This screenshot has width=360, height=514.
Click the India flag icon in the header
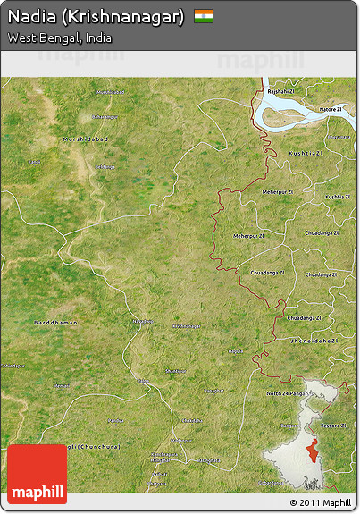204,15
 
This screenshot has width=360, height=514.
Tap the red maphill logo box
38,474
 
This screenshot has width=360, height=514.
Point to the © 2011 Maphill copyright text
320,503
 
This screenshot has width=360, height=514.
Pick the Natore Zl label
330,109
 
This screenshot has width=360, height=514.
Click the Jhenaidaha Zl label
313,341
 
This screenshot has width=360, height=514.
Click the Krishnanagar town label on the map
186,326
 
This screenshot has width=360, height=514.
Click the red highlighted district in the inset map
312,450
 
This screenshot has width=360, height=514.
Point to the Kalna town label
143,381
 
